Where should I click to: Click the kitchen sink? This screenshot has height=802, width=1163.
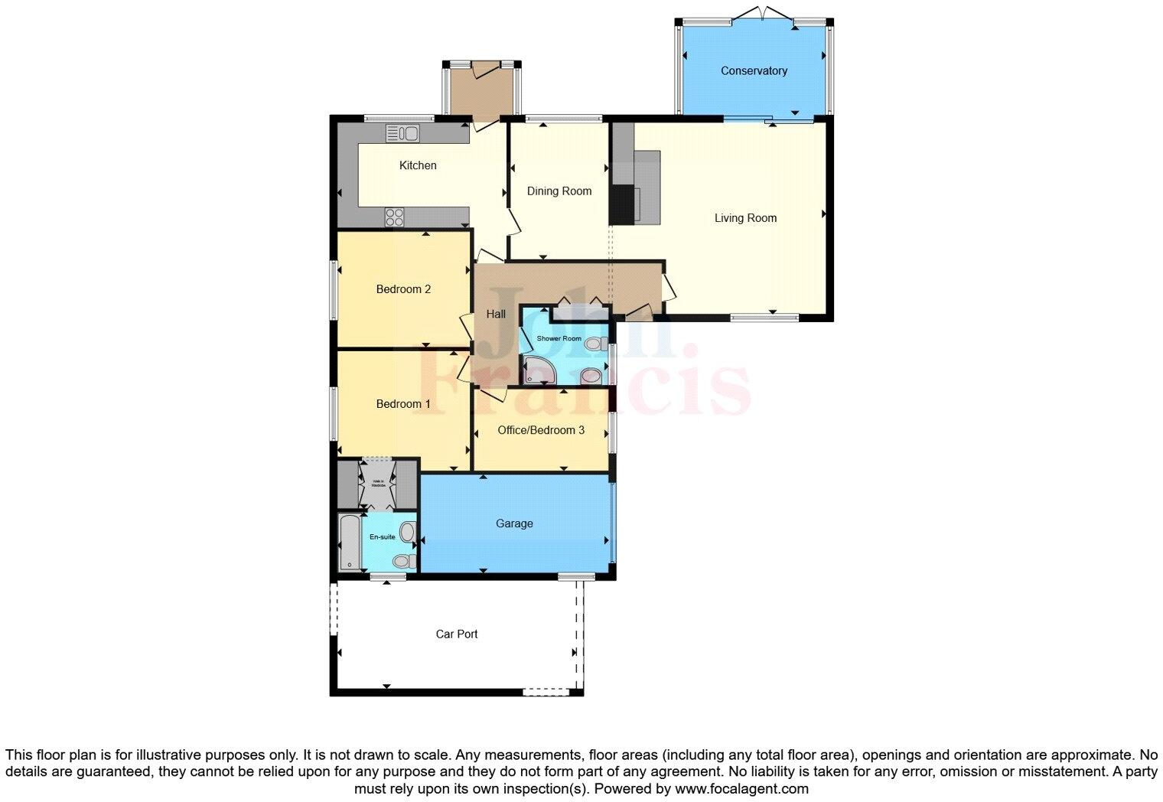[x=402, y=133]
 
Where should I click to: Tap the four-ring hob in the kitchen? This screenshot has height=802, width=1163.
[x=394, y=217]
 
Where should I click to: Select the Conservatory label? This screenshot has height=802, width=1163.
[x=754, y=71]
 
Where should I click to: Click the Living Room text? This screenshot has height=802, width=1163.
[x=745, y=218]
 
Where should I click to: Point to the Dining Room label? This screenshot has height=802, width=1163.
[x=559, y=191]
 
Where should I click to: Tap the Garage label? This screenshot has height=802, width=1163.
[x=514, y=524]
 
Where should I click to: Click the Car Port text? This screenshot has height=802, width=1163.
[x=457, y=634]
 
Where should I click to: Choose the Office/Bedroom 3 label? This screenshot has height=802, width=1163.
[x=541, y=431]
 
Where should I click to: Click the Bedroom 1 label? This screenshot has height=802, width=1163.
[x=403, y=404]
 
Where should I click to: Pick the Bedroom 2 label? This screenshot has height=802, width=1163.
[x=403, y=289]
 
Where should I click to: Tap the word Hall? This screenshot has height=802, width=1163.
[x=496, y=314]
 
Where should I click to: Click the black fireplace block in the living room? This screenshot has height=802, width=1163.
[x=621, y=204]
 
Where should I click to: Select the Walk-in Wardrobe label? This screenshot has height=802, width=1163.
[x=378, y=484]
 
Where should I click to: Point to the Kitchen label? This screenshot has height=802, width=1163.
[x=418, y=165]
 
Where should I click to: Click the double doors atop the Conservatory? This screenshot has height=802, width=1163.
[x=754, y=14]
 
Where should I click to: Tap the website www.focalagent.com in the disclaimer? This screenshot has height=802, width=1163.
[x=741, y=788]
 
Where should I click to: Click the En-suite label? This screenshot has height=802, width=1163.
[x=382, y=537]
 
